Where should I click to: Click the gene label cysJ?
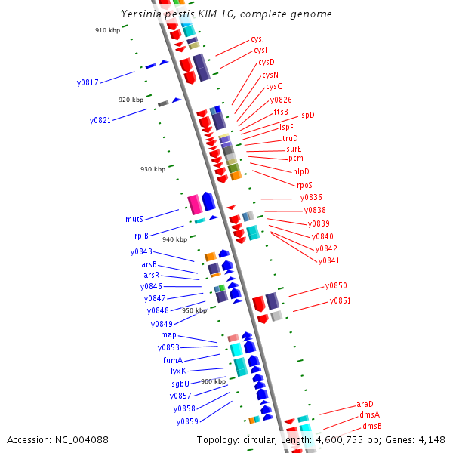257,39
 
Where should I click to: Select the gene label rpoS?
304,185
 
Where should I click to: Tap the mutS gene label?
134,219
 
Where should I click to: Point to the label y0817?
88,82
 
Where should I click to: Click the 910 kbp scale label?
107,30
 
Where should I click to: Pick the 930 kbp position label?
153,169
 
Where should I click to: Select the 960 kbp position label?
213,381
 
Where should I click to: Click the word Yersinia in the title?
143,14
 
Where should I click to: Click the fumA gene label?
173,360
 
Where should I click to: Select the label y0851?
340,301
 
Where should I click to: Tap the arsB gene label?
149,264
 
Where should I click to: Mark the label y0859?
187,421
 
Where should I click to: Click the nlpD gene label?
301,171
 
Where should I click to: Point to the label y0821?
100,120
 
